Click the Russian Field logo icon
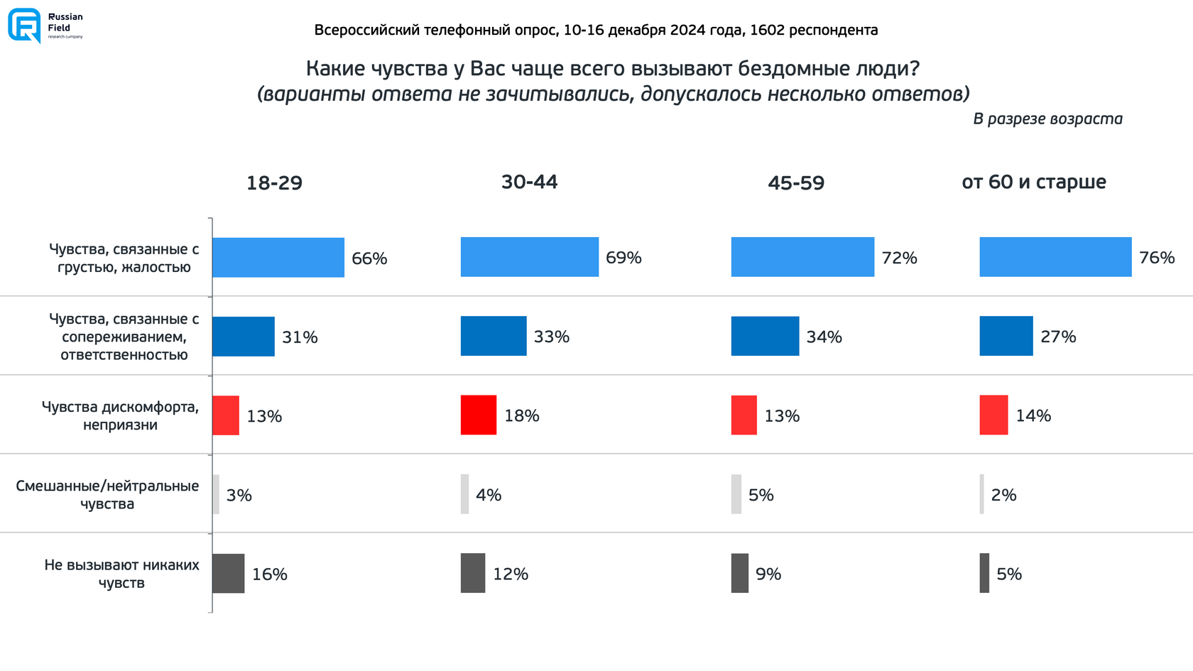point(24,26)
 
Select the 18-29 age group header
point(274,183)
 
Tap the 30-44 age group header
point(529,182)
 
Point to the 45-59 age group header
point(796,183)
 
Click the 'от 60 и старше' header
point(1033,182)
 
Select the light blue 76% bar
point(1055,257)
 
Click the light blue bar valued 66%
point(278,258)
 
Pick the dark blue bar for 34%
point(765,336)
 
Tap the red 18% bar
point(478,415)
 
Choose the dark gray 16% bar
point(228,573)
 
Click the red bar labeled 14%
point(993,415)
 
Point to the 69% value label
point(623,258)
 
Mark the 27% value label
point(1058,337)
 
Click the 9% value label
point(768,574)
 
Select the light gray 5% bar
point(736,494)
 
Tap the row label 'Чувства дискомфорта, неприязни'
point(120,415)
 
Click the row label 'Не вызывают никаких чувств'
point(121,574)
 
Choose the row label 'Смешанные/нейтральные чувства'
point(107,495)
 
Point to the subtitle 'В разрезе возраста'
point(1047,119)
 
